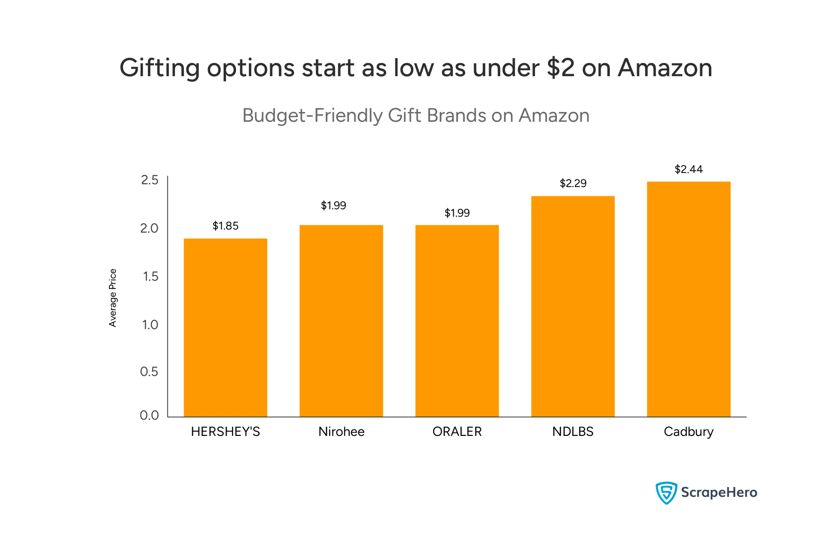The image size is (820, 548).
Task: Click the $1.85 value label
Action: (225, 226)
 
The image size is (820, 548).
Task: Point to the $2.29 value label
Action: (573, 184)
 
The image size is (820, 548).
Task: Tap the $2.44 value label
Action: (689, 169)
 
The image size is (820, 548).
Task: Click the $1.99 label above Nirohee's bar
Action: (333, 206)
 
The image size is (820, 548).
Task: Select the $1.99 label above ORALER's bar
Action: (457, 213)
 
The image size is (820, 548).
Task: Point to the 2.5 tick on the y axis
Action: (150, 180)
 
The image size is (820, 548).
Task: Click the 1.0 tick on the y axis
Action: (150, 325)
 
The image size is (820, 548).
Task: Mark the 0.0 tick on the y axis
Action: (149, 415)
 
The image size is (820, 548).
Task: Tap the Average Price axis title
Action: (112, 298)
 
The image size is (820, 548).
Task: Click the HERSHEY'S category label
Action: (225, 432)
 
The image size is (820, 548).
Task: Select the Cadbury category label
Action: (689, 432)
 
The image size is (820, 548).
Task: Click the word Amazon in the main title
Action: (665, 68)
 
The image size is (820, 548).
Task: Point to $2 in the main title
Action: (561, 68)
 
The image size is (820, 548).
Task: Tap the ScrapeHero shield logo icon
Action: (666, 493)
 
